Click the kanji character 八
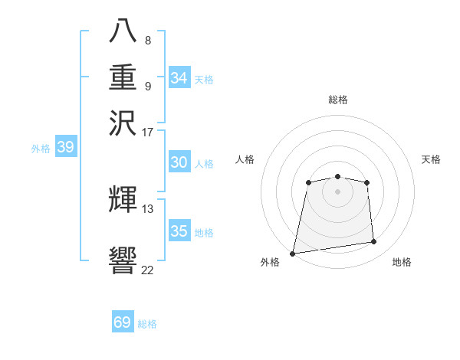(123, 31)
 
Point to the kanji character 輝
(123, 199)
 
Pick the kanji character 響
(123, 260)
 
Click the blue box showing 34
(179, 78)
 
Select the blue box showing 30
(179, 162)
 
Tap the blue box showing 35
(179, 231)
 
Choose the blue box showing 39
(65, 147)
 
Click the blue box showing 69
(123, 322)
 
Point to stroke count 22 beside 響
(147, 270)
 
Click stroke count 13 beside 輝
(148, 208)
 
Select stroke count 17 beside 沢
(148, 132)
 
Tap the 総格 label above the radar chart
(337, 100)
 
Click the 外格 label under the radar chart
(270, 263)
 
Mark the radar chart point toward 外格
(293, 254)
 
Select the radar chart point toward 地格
(374, 242)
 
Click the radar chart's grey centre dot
(337, 191)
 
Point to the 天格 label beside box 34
(204, 80)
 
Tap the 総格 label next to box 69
(147, 324)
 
